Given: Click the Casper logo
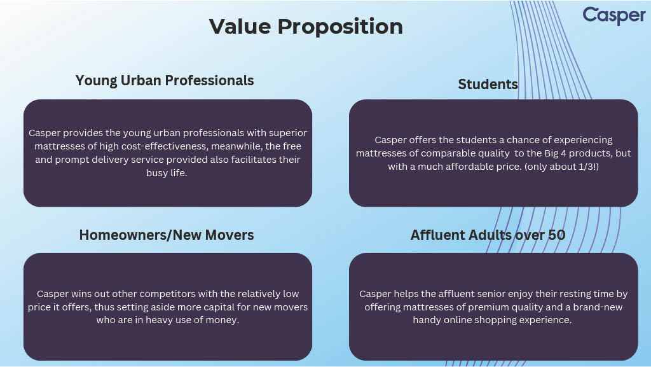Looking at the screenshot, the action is click(x=614, y=15).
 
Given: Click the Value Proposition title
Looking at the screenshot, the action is click(x=306, y=27).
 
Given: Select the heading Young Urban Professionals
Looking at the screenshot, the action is click(x=165, y=81).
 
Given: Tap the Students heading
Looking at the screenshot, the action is click(x=488, y=85).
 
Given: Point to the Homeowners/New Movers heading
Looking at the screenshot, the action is click(x=167, y=235).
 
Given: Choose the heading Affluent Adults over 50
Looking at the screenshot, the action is click(x=488, y=235).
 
